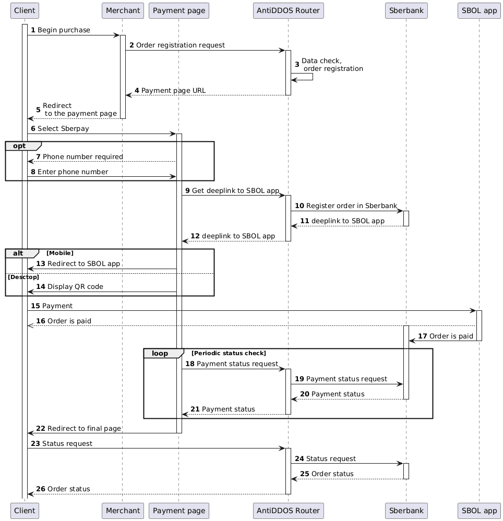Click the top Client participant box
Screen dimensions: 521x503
click(25, 10)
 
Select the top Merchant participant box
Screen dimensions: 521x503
click(122, 10)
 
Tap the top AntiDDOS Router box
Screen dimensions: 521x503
click(288, 10)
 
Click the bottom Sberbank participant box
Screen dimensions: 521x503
click(405, 511)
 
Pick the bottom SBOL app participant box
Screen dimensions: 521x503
click(478, 511)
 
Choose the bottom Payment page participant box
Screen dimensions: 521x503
click(178, 511)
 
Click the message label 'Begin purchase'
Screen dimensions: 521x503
click(64, 30)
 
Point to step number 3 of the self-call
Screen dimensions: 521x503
click(297, 65)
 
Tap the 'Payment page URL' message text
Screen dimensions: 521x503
click(173, 91)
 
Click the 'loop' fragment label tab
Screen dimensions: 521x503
click(160, 353)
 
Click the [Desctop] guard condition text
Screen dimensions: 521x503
click(23, 277)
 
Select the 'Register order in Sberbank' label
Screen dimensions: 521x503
click(352, 206)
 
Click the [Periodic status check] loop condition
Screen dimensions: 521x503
click(229, 353)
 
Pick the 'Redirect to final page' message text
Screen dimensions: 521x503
click(84, 428)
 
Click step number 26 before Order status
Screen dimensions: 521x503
click(40, 489)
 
